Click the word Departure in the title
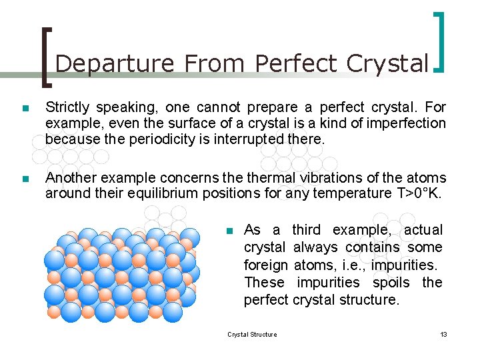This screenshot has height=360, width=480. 115,63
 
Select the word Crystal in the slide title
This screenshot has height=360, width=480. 387,63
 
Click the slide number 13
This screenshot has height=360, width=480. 443,334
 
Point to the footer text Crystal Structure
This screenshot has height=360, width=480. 252,334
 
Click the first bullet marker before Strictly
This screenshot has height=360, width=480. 25,108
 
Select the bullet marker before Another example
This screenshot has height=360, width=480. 25,179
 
